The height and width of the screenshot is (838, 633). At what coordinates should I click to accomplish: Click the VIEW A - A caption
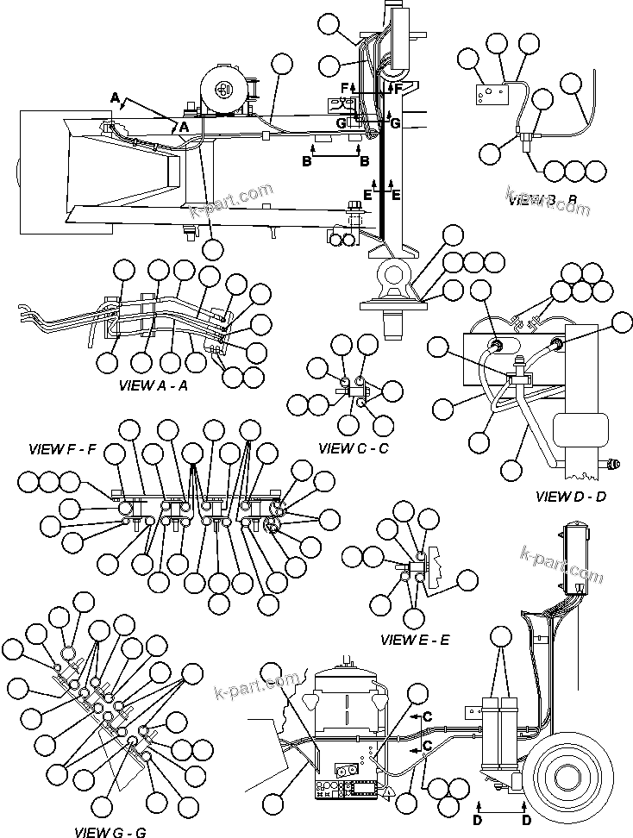[x=153, y=385]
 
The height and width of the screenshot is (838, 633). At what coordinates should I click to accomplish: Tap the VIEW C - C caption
[x=353, y=448]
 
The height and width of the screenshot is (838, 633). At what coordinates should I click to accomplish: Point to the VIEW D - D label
[x=570, y=496]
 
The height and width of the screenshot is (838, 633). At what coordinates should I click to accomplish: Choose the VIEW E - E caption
[x=415, y=640]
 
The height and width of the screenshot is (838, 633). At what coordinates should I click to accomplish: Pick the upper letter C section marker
[x=428, y=716]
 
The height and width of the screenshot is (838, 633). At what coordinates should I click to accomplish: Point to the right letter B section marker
[x=364, y=161]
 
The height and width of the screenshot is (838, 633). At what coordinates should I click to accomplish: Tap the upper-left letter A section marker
[x=115, y=98]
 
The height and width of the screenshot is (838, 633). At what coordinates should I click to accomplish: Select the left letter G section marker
[x=342, y=124]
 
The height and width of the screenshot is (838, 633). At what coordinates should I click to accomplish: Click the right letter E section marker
[x=395, y=195]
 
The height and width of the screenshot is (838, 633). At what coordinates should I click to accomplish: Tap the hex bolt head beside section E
[x=354, y=207]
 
